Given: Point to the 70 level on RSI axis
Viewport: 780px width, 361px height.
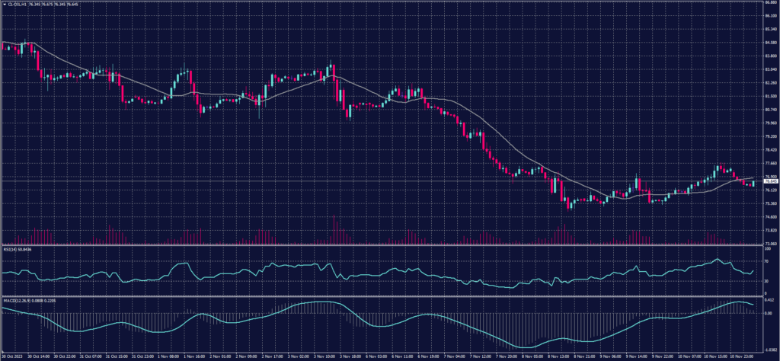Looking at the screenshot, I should (x=766, y=261).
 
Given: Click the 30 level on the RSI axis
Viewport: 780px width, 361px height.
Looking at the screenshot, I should (x=766, y=281).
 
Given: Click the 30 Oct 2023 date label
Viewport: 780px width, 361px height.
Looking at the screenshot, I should (x=11, y=356).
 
